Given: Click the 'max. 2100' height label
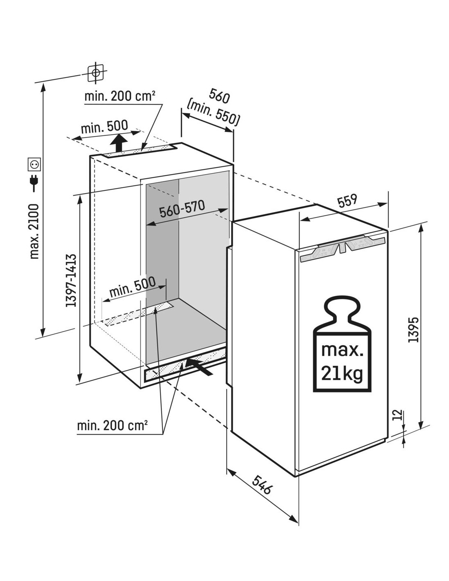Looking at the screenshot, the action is pyautogui.click(x=34, y=231).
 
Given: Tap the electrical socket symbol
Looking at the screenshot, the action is pyautogui.click(x=34, y=164).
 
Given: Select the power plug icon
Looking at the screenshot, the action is pyautogui.click(x=34, y=183).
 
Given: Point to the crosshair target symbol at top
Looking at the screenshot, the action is pyautogui.click(x=96, y=72).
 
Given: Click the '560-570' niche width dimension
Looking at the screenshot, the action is pyautogui.click(x=182, y=208).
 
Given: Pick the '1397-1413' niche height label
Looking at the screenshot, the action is pyautogui.click(x=71, y=280).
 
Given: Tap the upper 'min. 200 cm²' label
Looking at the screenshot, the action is pyautogui.click(x=120, y=96).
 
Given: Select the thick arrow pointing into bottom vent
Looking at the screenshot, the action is pyautogui.click(x=199, y=366).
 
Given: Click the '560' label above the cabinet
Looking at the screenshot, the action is pyautogui.click(x=219, y=96).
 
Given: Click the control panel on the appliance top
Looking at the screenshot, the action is pyautogui.click(x=343, y=248).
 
